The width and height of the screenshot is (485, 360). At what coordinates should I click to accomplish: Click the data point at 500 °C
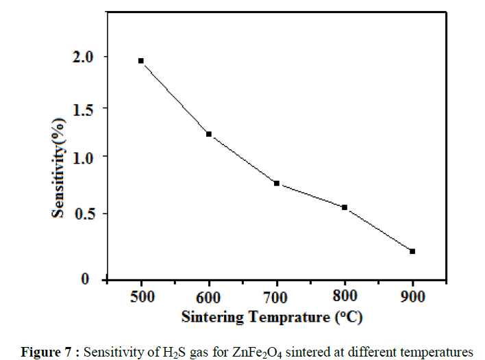point(141,61)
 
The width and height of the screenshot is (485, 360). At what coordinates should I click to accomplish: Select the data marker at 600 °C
point(209,134)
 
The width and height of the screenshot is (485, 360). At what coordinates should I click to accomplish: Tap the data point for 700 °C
point(277,183)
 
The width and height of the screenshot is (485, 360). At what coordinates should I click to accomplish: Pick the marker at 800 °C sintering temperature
point(345,207)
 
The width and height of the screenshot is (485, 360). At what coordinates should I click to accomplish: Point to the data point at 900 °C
point(412,251)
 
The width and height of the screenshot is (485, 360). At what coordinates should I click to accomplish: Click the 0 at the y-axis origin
point(86,279)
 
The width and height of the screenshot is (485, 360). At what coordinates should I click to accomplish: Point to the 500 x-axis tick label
point(141,297)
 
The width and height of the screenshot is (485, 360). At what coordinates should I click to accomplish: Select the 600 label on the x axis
point(209,297)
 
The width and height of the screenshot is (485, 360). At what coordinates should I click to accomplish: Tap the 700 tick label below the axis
point(277,297)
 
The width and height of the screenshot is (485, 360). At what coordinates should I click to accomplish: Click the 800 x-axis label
point(345,297)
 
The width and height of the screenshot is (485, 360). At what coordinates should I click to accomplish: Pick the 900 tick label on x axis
point(412,297)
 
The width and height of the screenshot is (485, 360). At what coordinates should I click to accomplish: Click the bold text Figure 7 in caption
point(46,351)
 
